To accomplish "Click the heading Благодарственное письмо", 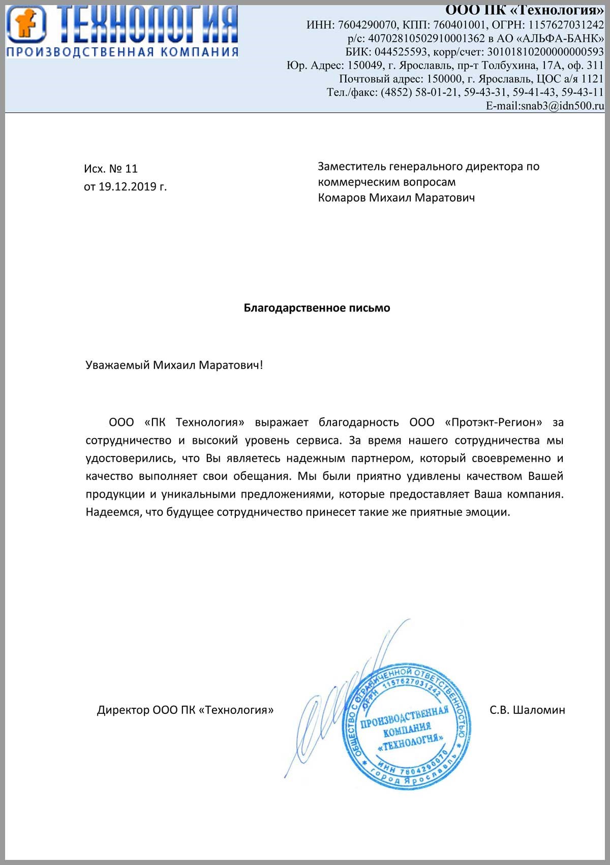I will point(317,308).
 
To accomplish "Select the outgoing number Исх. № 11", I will point(111,168).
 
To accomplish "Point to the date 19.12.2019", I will point(127,187).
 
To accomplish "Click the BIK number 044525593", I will point(400,51).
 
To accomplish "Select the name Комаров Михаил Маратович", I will point(396,197).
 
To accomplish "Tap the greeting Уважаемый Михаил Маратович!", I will point(174,365).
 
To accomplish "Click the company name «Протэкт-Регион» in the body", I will point(493,422).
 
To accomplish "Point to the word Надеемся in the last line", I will point(112,512).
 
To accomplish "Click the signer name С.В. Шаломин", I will point(527,710).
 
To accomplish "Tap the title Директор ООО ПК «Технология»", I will point(185,710).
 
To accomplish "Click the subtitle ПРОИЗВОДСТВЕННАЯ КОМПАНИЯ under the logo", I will point(122,52).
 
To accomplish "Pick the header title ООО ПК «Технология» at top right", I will point(524,10).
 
